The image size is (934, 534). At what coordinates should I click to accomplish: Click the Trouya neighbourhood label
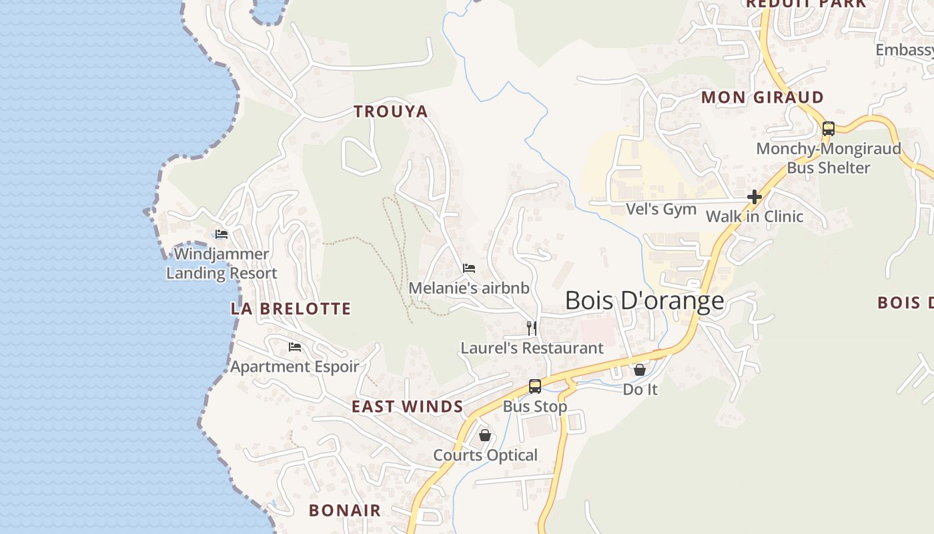pos(391,111)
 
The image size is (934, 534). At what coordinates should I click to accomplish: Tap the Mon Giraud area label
pos(762,97)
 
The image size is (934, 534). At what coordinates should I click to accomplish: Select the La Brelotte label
pos(291,309)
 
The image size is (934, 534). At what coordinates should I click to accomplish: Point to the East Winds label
pos(407,407)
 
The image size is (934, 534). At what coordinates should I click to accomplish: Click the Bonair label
pos(345,511)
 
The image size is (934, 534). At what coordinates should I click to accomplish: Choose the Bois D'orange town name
pos(644,301)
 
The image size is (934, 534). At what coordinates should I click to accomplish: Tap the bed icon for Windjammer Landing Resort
pos(221,234)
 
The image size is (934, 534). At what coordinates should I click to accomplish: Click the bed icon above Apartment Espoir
pos(295,347)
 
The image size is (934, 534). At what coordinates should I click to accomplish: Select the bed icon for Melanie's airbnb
pos(469,268)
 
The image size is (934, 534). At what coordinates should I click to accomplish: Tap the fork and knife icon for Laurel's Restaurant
pos(532,328)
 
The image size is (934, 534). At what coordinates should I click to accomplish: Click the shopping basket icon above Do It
pos(640,369)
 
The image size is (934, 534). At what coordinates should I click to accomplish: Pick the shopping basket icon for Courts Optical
pos(485,435)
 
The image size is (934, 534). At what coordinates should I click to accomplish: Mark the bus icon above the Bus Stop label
pos(535,386)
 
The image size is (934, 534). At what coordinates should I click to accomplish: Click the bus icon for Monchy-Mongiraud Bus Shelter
pos(829,129)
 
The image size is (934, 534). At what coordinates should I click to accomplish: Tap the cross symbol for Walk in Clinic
pos(755,197)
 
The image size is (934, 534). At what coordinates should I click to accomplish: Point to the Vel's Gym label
pos(661,210)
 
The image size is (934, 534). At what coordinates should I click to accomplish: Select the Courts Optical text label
pos(485,455)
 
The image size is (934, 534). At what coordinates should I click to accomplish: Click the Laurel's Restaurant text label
pos(532,348)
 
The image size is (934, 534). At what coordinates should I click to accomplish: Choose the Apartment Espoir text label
pos(295,366)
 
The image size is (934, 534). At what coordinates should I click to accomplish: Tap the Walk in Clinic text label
pos(755,216)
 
